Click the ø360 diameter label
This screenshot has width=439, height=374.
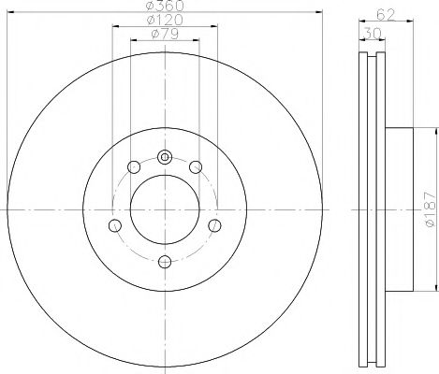coord(165,7)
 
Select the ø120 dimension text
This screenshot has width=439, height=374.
coord(165,22)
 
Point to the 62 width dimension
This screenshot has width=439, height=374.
coord(385,14)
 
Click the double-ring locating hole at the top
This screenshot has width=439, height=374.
coord(164,156)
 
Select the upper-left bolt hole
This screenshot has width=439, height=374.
coord(133,166)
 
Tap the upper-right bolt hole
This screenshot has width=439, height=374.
coord(195,166)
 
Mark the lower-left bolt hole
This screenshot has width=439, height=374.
coord(114,225)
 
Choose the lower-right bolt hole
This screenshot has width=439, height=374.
coord(213,225)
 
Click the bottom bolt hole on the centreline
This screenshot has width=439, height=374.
coord(164,261)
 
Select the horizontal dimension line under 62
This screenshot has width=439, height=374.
coord(385,23)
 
